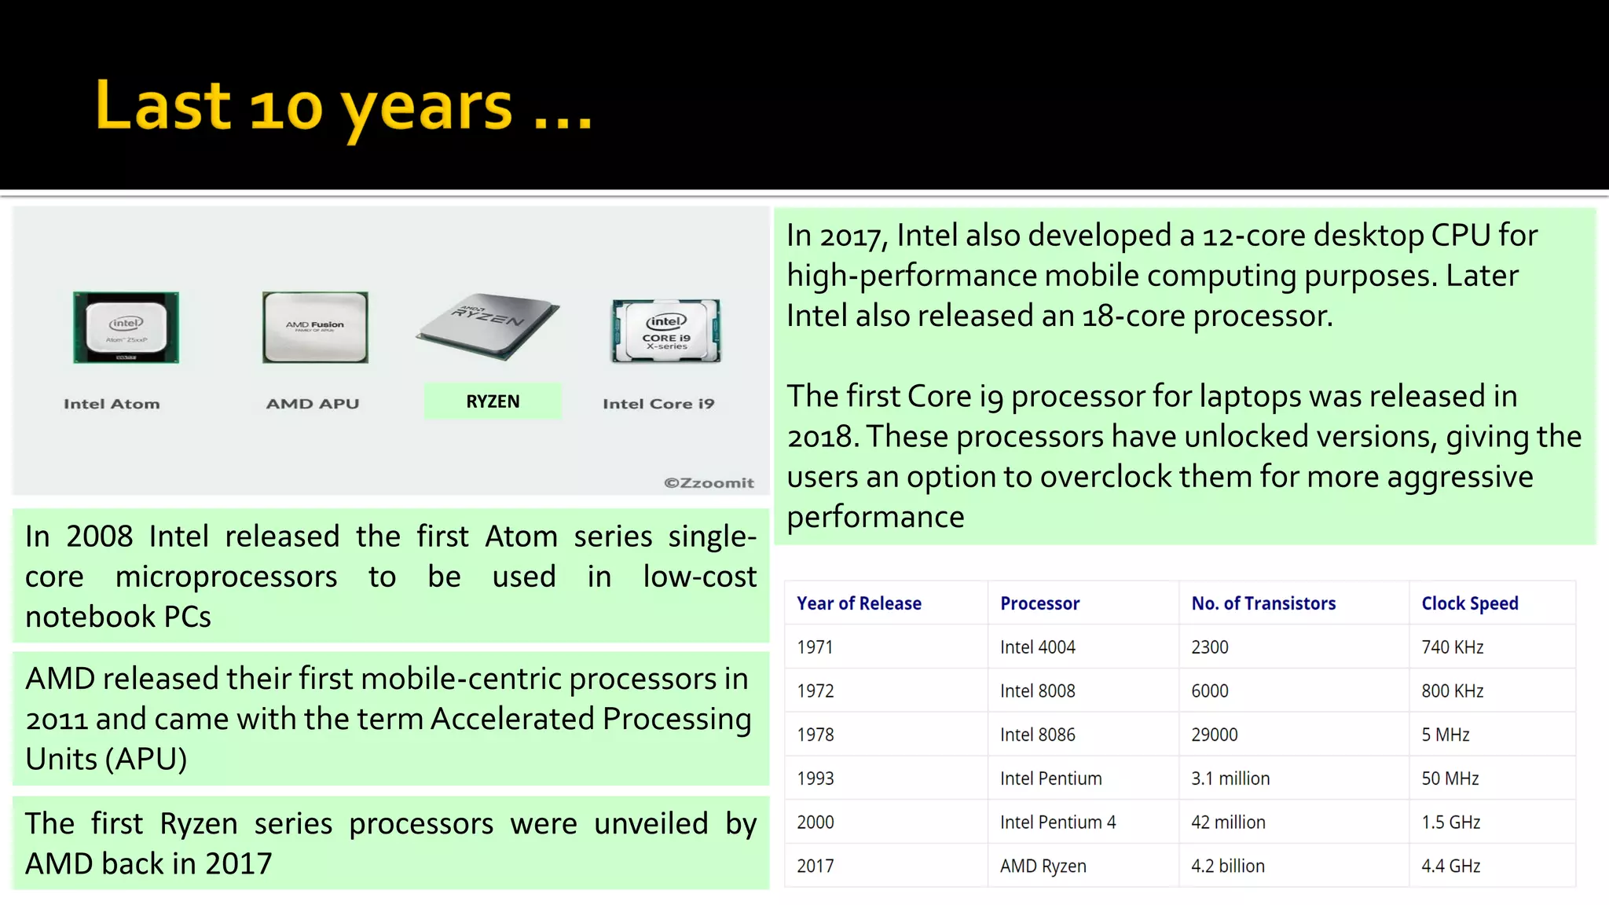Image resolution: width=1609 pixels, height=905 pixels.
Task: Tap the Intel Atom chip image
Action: coord(126,327)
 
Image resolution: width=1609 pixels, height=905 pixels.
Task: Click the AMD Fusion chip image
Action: coord(315,327)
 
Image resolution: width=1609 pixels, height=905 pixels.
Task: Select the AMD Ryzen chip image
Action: coord(489,325)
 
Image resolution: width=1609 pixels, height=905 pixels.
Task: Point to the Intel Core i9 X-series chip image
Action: coord(666,331)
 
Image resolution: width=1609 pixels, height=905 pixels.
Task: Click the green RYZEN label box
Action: coord(493,401)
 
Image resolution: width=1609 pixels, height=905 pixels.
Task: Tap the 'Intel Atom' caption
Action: coord(112,404)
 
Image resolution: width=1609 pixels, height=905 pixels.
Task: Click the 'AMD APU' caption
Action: coord(312,404)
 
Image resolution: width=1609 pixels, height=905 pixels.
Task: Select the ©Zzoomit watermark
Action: coord(709,483)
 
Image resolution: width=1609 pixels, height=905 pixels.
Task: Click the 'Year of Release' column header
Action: coord(859,603)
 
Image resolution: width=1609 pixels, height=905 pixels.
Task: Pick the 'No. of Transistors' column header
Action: coord(1263,603)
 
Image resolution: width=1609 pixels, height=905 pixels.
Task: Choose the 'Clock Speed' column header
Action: coord(1469,603)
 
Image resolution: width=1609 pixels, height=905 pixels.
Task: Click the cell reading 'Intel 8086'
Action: coord(1037,735)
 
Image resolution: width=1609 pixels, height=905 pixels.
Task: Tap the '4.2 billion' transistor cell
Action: coord(1227,866)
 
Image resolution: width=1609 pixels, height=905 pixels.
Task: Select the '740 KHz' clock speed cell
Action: coord(1452,647)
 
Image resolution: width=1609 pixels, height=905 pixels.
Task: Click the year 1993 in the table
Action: coord(815,779)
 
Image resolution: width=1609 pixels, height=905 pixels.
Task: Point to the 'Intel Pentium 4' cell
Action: coord(1057,823)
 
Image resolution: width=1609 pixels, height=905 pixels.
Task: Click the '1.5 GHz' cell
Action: coord(1450,823)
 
